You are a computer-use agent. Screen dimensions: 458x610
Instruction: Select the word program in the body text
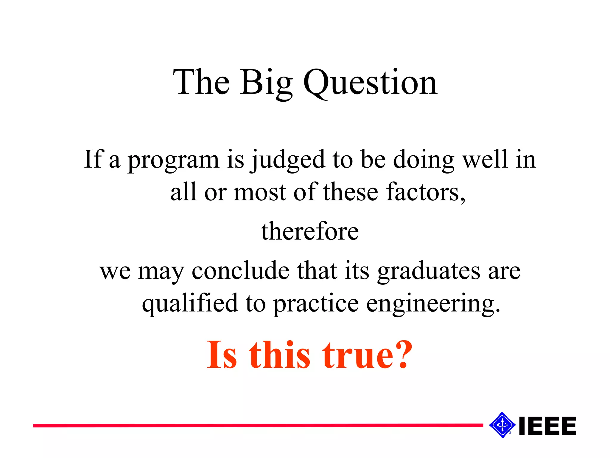click(x=174, y=160)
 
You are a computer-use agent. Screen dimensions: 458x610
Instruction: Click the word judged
click(x=288, y=160)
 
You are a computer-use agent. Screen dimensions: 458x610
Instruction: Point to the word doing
click(x=424, y=160)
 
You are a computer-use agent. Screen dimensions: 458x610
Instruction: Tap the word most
click(x=260, y=192)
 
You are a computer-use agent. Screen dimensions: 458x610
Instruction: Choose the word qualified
click(x=190, y=304)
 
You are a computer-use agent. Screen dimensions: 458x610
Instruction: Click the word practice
click(x=316, y=304)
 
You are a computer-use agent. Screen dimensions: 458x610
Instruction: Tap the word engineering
click(x=432, y=304)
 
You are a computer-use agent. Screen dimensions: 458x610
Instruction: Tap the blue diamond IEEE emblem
click(x=502, y=425)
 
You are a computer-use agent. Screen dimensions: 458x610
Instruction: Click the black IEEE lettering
click(x=547, y=426)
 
